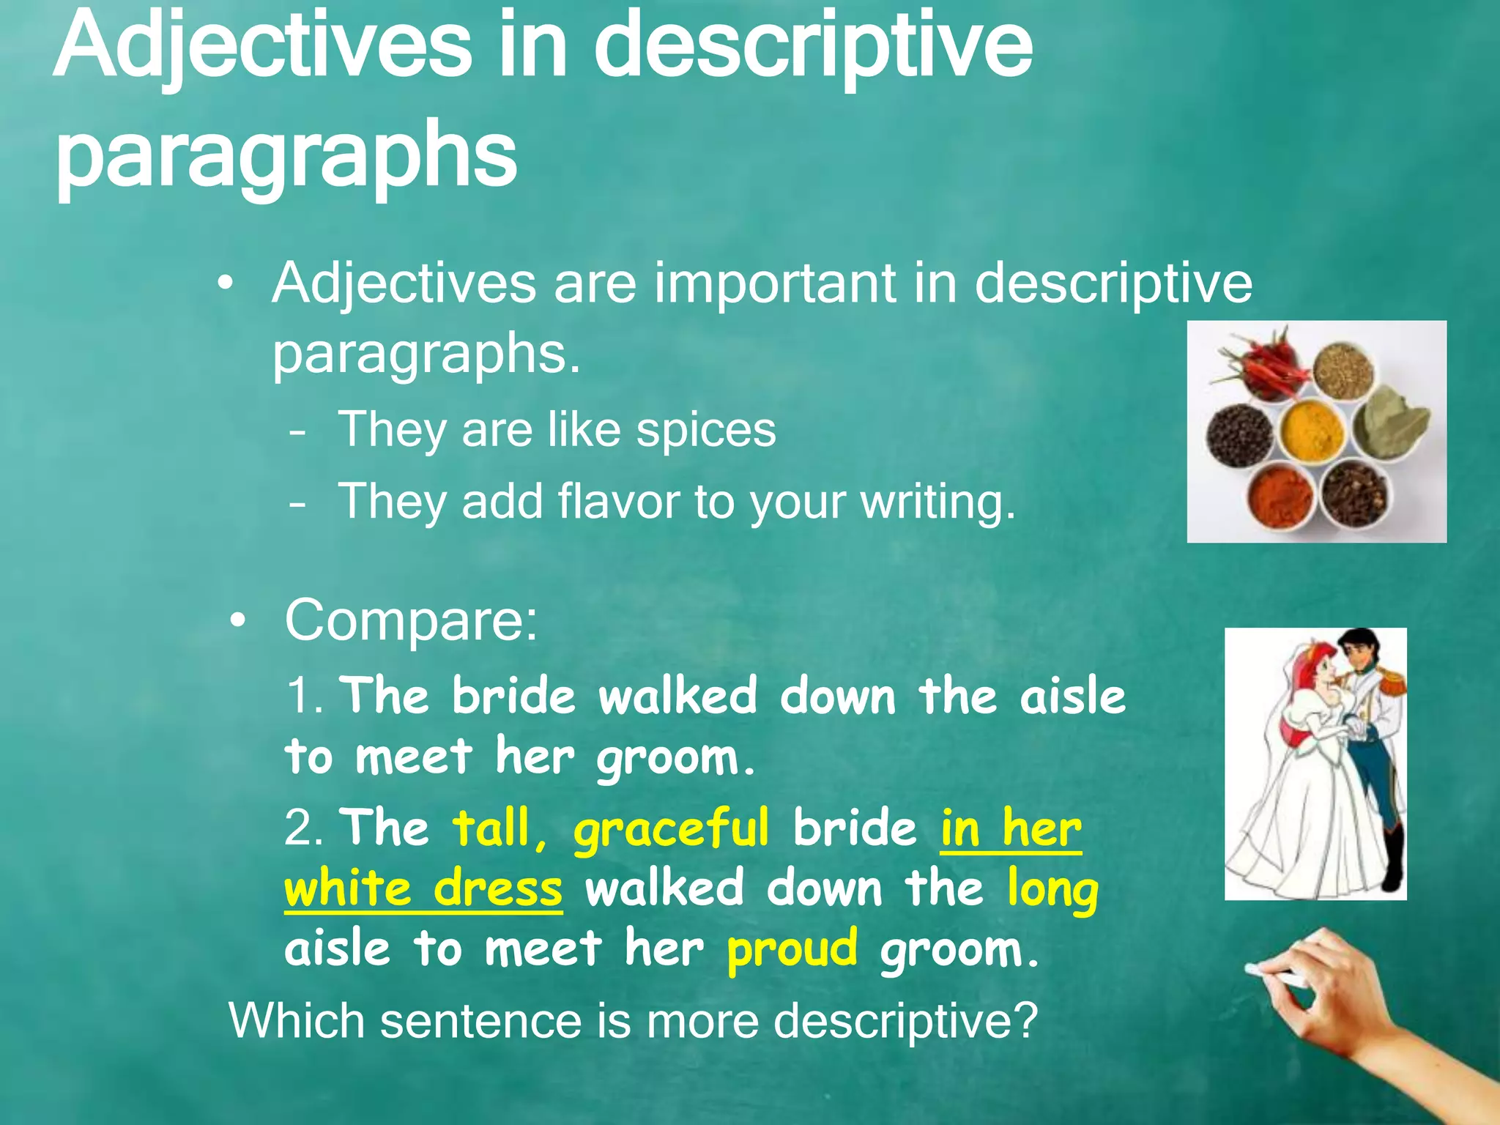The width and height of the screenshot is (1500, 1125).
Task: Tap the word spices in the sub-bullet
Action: pos(705,430)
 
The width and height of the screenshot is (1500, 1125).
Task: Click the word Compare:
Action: pos(411,620)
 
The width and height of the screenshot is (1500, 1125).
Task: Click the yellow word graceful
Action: pos(671,830)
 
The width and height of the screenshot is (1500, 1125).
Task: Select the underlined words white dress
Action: pos(423,889)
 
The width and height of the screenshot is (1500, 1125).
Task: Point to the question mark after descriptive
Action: pos(1026,1020)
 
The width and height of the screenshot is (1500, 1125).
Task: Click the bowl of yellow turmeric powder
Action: pos(1313,427)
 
